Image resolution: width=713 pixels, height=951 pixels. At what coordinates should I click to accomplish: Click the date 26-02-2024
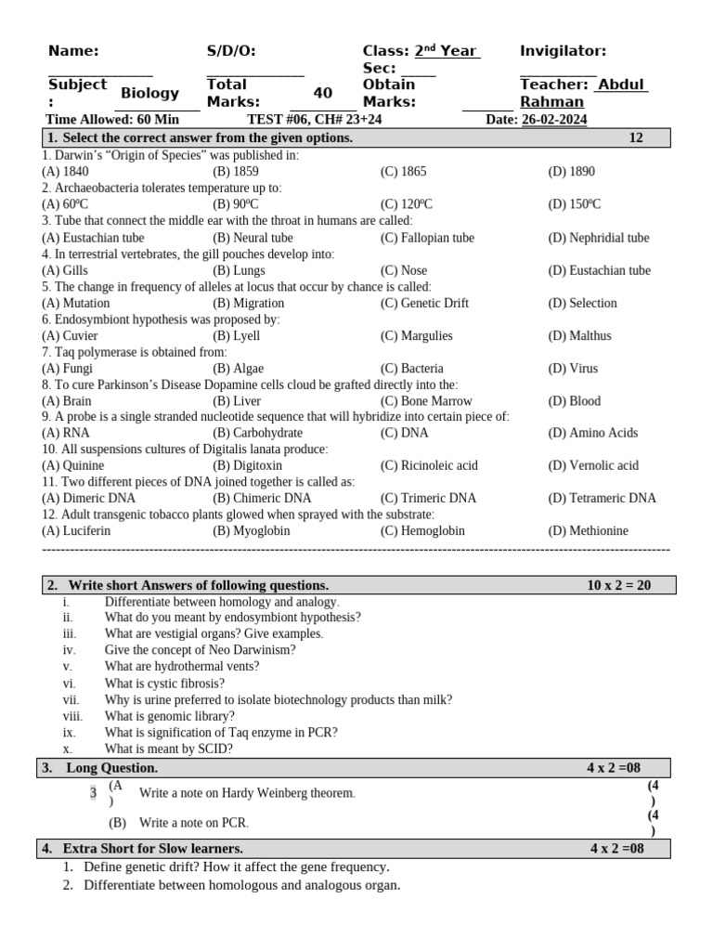[x=554, y=120]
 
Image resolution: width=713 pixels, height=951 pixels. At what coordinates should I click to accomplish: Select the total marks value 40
[x=322, y=93]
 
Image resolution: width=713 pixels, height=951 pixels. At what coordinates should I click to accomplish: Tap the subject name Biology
[x=149, y=93]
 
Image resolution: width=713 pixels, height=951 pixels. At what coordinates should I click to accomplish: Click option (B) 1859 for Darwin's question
[x=236, y=172]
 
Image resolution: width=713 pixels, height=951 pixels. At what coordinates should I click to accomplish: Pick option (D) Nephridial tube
[x=599, y=238]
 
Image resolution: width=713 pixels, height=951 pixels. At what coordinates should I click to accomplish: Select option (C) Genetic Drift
[x=424, y=303]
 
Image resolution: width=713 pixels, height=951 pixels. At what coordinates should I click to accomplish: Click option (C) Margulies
[x=416, y=335]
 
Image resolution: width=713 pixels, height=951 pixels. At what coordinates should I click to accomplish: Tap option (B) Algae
[x=238, y=368]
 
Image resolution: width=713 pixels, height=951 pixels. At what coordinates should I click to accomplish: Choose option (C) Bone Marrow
[x=425, y=401]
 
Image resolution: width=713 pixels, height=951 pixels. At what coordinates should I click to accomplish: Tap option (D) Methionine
[x=588, y=530]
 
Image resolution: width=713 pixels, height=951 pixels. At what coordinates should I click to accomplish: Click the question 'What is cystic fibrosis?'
[x=164, y=683]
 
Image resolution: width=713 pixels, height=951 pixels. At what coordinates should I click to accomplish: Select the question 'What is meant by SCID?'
[x=169, y=749]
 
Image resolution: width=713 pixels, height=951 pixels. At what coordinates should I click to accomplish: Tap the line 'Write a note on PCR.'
[x=194, y=823]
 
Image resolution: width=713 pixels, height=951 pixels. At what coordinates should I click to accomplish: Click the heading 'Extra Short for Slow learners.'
[x=152, y=848]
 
